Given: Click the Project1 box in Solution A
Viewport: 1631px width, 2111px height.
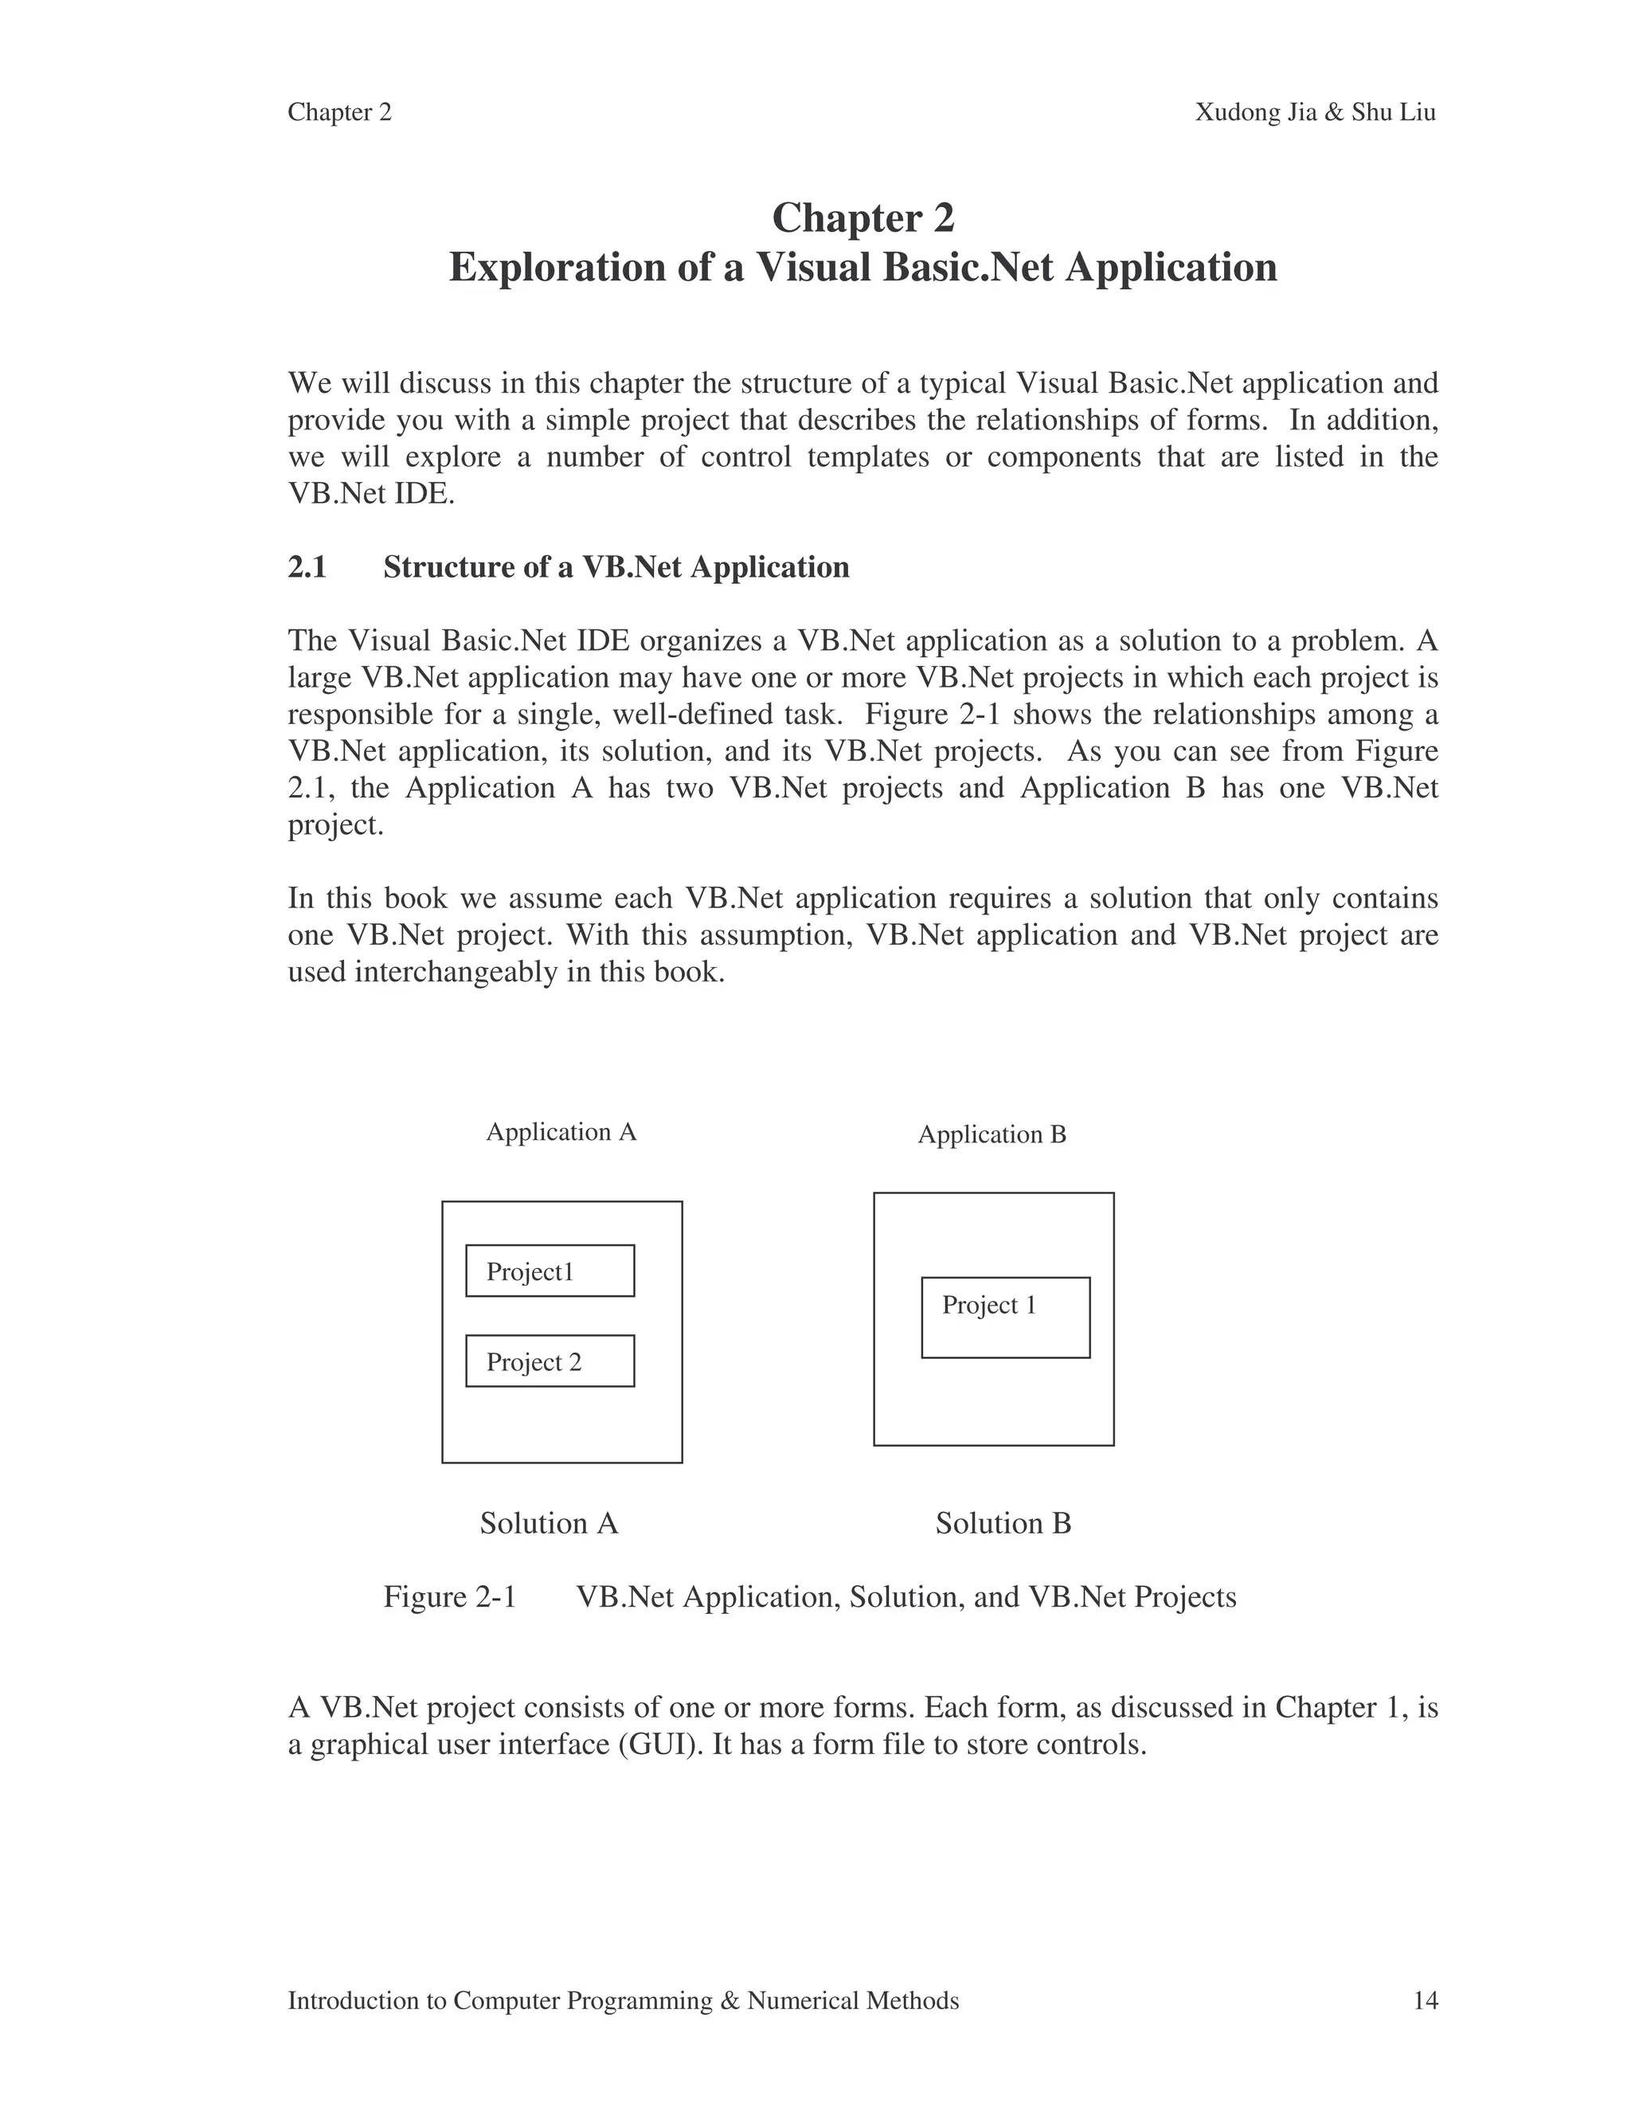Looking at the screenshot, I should click(x=550, y=1271).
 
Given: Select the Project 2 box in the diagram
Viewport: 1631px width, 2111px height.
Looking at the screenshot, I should click(x=550, y=1361).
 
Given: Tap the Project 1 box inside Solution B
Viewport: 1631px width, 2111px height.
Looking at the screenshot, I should click(x=1005, y=1318).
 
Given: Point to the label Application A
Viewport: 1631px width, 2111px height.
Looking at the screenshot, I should click(x=561, y=1132).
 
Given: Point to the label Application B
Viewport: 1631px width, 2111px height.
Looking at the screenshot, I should click(x=992, y=1134).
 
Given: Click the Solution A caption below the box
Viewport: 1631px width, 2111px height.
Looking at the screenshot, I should click(x=548, y=1523).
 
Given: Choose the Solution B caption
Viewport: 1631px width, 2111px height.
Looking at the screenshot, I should click(x=1003, y=1523).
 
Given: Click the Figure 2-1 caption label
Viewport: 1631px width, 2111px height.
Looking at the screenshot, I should click(x=450, y=1596).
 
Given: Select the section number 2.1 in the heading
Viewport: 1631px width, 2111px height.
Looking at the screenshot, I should click(x=307, y=567).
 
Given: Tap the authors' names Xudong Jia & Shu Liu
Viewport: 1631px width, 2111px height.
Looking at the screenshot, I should click(x=1315, y=113).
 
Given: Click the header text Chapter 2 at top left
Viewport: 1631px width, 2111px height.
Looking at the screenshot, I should click(x=339, y=113).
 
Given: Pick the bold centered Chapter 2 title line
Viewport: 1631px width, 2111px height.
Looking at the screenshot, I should click(x=862, y=217).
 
